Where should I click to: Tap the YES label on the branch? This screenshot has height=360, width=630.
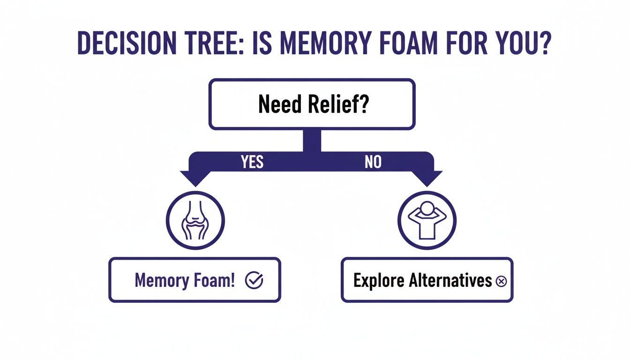(x=252, y=162)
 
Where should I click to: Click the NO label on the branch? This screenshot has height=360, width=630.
(x=373, y=162)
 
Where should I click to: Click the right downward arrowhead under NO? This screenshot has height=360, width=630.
(x=427, y=179)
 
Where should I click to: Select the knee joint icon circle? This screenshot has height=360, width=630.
(x=195, y=220)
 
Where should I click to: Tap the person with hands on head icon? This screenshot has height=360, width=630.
(x=427, y=220)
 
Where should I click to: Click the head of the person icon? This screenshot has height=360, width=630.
(x=427, y=210)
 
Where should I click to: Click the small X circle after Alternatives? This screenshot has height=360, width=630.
(x=501, y=281)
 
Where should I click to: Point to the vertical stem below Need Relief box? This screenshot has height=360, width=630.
(x=312, y=141)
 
